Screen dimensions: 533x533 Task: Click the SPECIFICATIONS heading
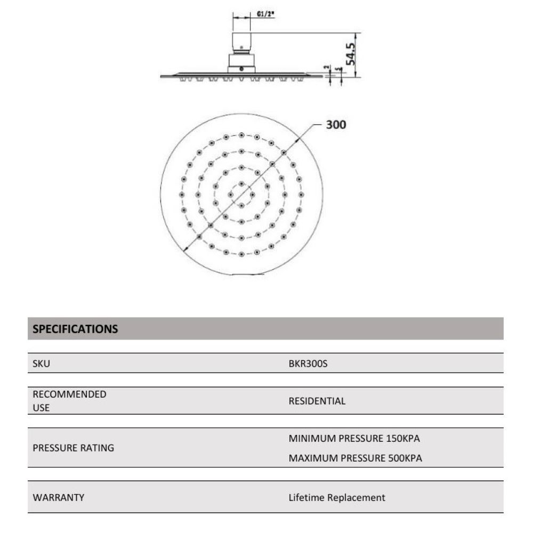click(75, 329)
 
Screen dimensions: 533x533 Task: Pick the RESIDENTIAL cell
click(317, 401)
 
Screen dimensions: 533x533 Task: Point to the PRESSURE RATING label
click(74, 448)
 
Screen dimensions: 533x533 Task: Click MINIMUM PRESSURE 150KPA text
click(354, 439)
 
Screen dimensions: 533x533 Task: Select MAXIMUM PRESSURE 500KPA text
click(355, 458)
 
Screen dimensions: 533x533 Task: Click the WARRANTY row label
click(59, 497)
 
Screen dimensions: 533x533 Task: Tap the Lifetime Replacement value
click(337, 497)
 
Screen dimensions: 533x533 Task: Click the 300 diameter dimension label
click(336, 125)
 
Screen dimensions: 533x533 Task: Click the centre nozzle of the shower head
click(241, 194)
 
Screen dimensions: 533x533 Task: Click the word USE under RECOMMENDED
click(41, 408)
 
